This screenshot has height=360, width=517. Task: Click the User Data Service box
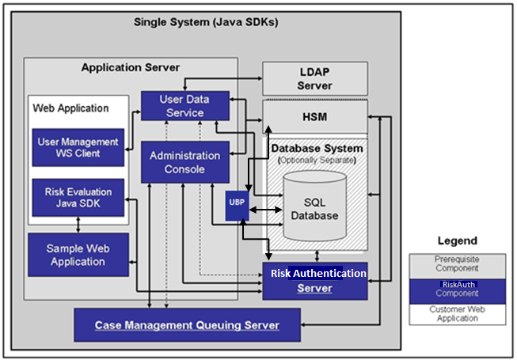tap(184, 106)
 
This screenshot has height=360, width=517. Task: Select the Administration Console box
tap(184, 162)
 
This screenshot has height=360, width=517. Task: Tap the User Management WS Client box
tap(78, 147)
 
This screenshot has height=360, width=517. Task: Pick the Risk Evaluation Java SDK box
tap(78, 197)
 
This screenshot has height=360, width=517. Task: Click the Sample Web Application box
tap(78, 255)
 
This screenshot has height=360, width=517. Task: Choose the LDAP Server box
tap(314, 79)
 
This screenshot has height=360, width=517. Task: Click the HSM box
tap(314, 118)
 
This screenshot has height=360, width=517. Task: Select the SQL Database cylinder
tap(314, 209)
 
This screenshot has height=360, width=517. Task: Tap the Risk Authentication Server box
tap(314, 280)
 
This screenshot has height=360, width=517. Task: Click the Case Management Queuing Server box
tap(187, 325)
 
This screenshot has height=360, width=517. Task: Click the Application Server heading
tap(131, 67)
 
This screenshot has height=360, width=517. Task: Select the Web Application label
tap(70, 108)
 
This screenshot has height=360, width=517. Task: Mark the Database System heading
tap(317, 148)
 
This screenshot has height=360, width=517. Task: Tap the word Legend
tap(457, 241)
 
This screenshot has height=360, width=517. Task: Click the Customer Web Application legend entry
tap(456, 313)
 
